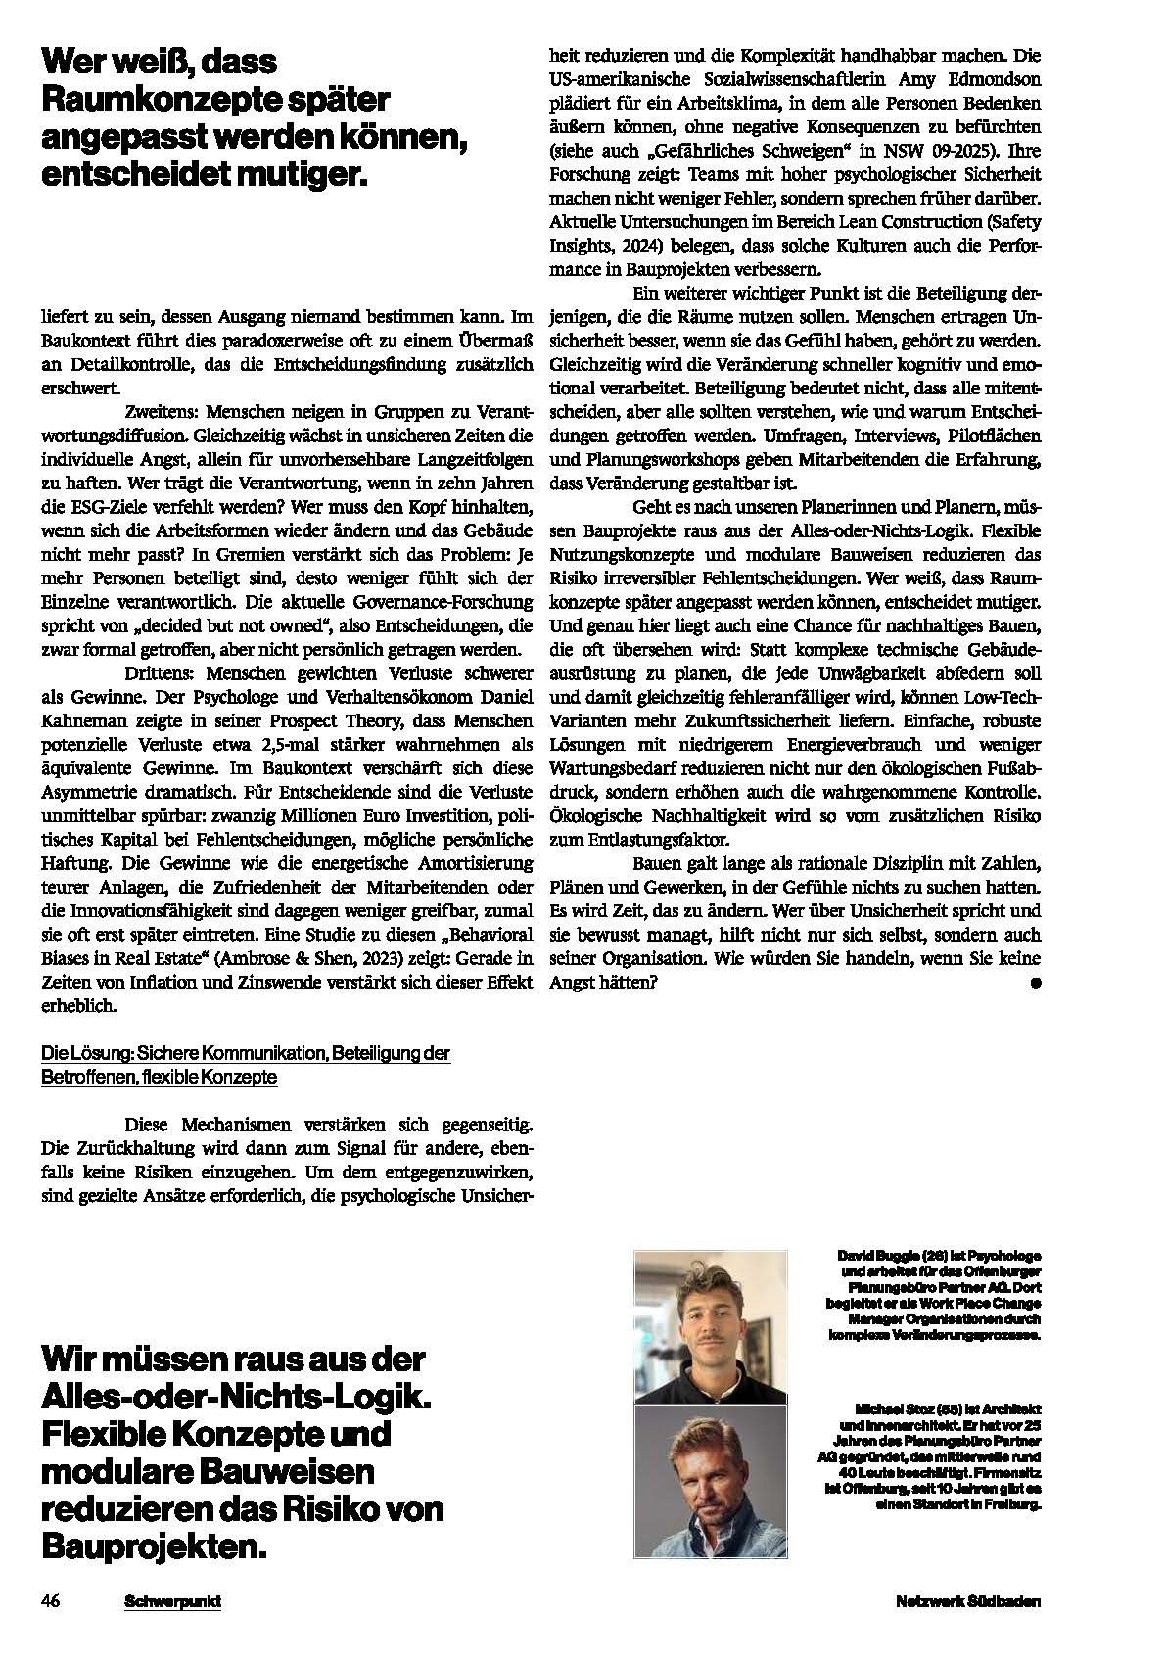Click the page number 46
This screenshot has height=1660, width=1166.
[x=51, y=1602]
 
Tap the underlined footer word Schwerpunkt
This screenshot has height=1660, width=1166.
[x=172, y=1602]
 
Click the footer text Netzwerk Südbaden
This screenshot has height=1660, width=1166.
[x=967, y=1602]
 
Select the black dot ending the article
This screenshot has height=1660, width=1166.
[x=1036, y=984]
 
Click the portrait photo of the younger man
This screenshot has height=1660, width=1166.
[x=711, y=1327]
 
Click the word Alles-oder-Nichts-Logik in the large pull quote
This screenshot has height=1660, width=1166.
[x=235, y=1396]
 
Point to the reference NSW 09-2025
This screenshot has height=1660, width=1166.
[x=925, y=151]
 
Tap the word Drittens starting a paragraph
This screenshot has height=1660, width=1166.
[x=163, y=674]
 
